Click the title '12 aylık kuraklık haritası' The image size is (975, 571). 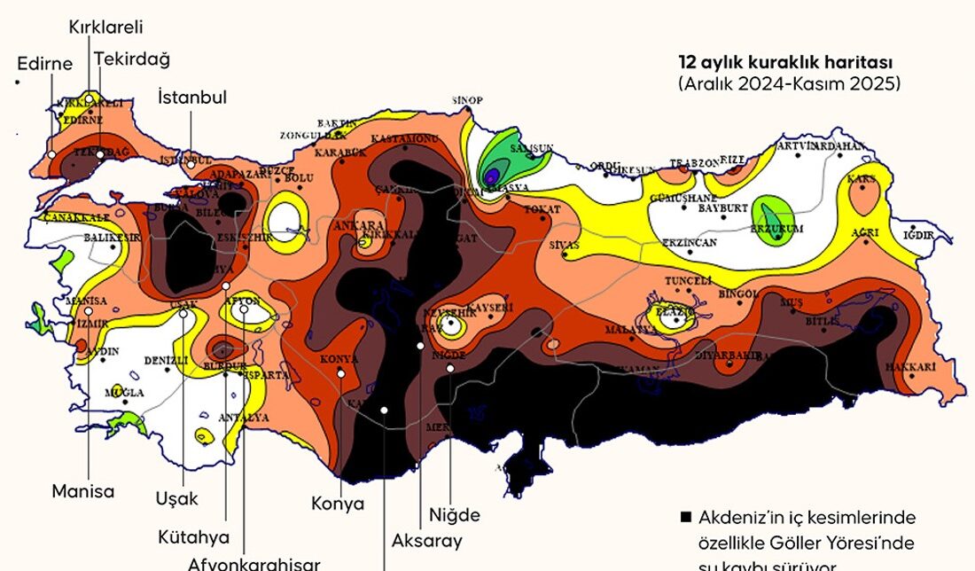784,63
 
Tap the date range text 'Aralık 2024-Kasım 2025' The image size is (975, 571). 789,84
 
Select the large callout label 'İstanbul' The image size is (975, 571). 192,98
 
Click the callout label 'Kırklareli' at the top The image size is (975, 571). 106,27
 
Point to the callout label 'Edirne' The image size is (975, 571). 44,64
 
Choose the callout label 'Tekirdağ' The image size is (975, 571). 134,59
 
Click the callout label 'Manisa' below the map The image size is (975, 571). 83,490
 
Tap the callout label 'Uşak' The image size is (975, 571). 176,497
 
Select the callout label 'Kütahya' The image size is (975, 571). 193,537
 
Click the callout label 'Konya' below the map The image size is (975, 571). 338,504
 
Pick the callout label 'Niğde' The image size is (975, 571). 454,515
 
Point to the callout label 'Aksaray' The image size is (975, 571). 426,540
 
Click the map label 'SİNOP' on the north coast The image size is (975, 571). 467,100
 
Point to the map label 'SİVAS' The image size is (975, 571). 564,244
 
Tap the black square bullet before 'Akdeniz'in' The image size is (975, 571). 685,517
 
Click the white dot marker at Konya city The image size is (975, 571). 341,373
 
